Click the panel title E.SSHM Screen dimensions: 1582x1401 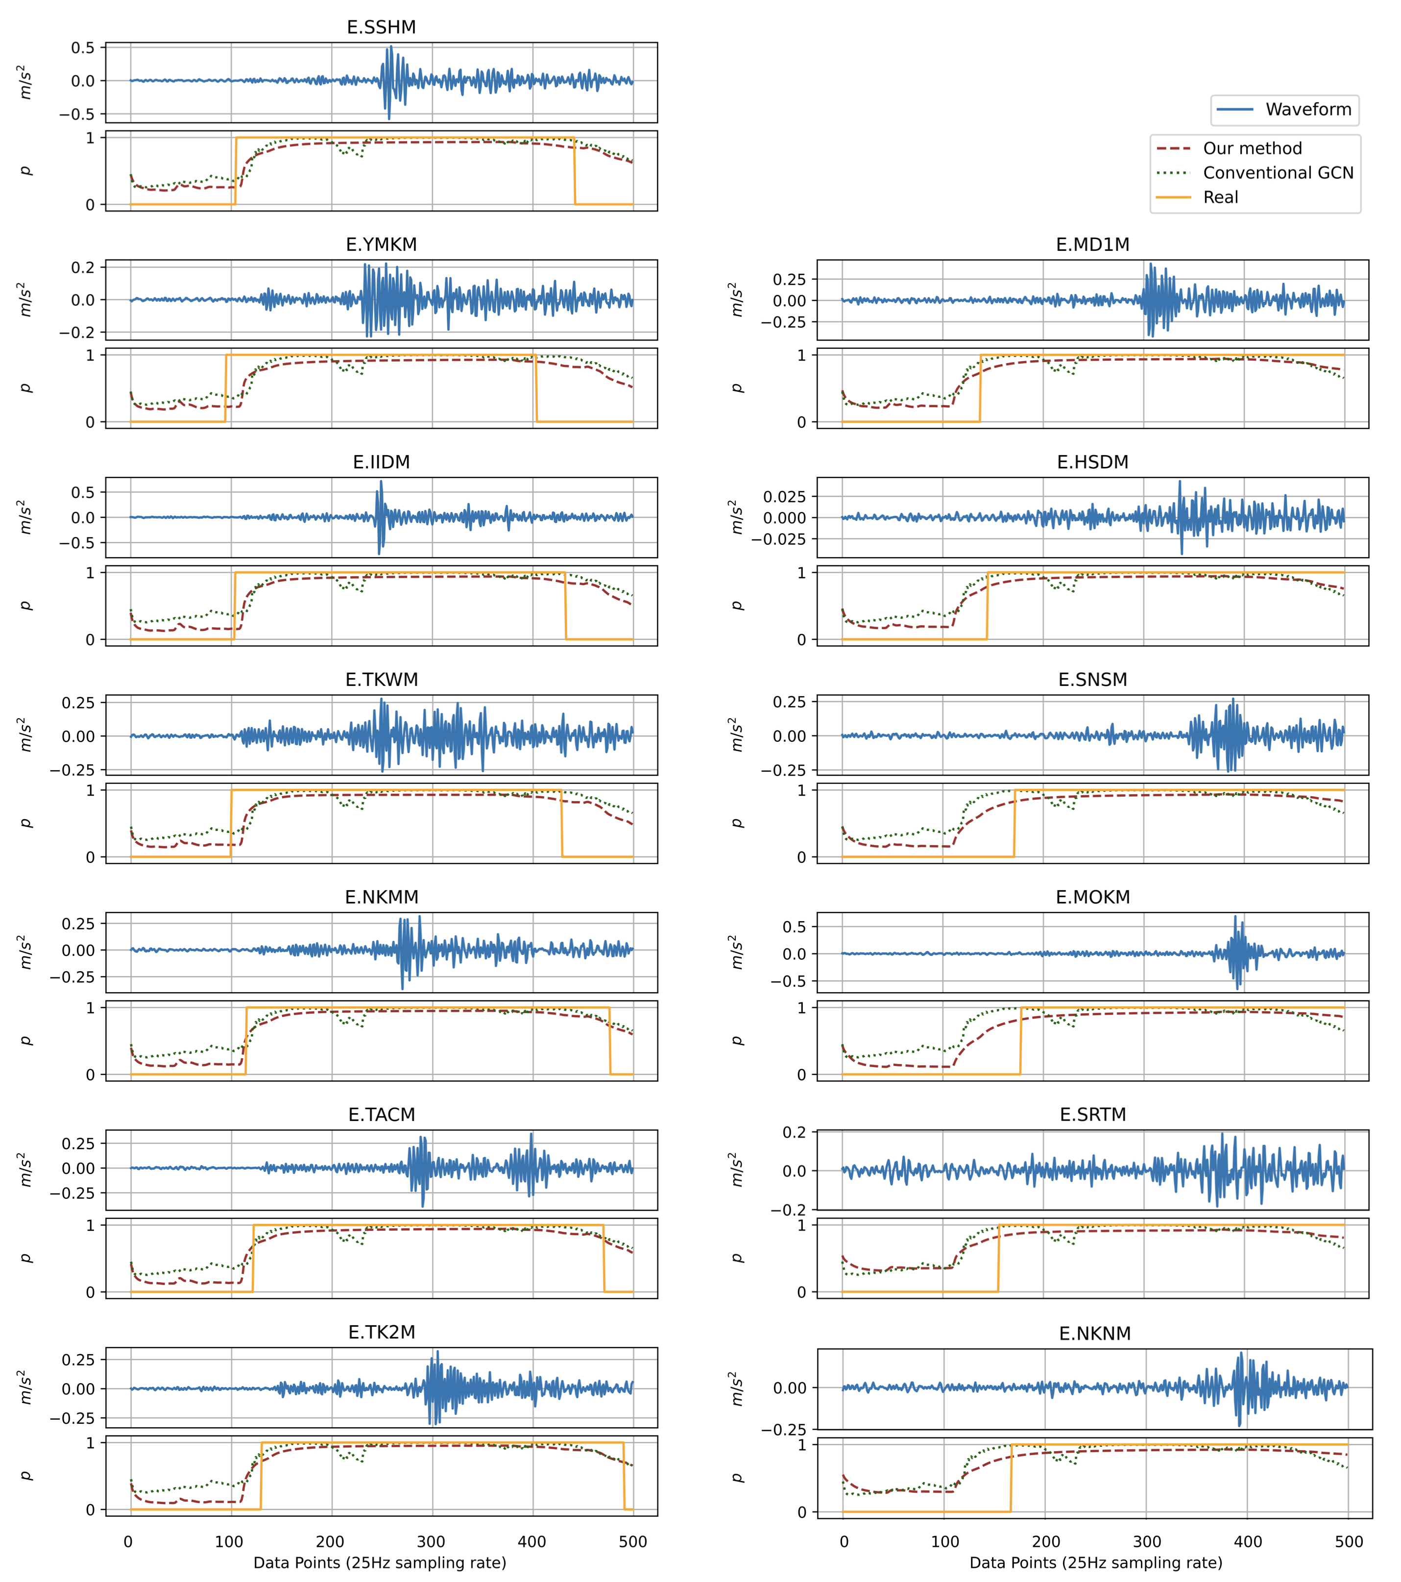[x=381, y=27]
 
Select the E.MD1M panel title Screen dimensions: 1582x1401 [x=1092, y=244]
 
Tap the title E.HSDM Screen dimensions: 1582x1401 [x=1092, y=462]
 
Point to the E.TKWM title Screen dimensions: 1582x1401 [x=381, y=680]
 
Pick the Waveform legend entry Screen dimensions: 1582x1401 [x=1308, y=110]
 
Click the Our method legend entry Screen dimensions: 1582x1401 [x=1252, y=148]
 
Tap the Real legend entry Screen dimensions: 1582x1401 [x=1220, y=197]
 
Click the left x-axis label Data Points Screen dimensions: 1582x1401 [x=379, y=1563]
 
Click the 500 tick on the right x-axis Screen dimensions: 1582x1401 [x=1349, y=1542]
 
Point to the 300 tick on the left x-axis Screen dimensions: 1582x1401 [x=431, y=1542]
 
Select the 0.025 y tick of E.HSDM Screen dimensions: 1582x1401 [x=784, y=496]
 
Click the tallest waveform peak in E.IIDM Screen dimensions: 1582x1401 [x=380, y=482]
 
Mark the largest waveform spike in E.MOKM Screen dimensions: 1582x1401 [x=1235, y=917]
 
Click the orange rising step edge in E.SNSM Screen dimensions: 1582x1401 [x=1014, y=824]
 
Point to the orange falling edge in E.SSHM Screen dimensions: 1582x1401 [x=574, y=171]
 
